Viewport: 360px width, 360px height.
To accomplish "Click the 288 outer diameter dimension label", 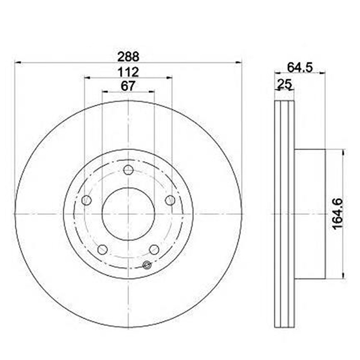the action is (x=128, y=57).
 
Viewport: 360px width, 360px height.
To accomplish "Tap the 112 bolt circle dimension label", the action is (x=128, y=73).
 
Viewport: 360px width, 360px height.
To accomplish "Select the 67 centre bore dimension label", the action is (x=128, y=86).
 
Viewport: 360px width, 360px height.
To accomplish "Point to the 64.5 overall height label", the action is (x=300, y=67).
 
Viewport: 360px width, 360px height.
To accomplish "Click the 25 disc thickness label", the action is (x=284, y=83).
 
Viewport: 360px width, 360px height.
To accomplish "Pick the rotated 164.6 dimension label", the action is (x=338, y=214).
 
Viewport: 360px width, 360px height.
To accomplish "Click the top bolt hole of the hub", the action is (x=128, y=170).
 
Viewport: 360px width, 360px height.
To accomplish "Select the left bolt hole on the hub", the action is (x=86, y=200).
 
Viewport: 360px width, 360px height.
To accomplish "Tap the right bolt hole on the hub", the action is (x=170, y=200).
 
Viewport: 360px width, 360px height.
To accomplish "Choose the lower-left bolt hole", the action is (x=103, y=250).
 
